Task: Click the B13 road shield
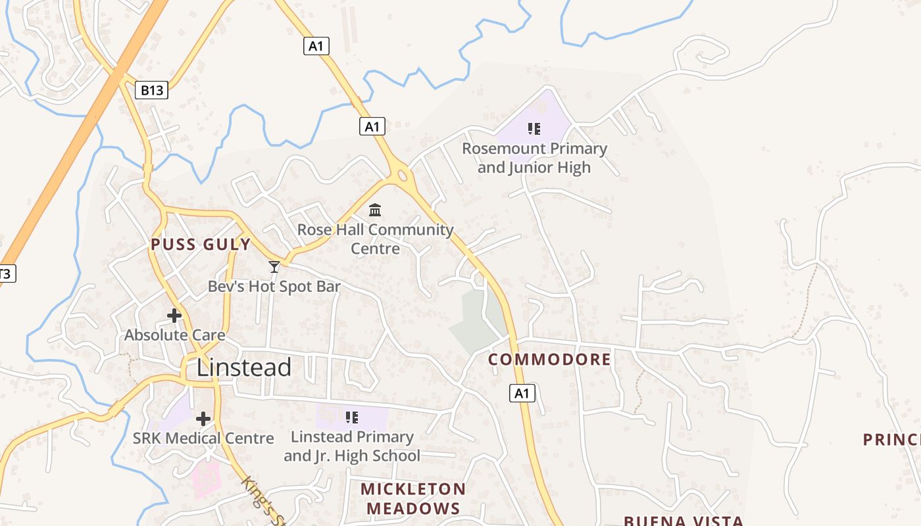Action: point(152,90)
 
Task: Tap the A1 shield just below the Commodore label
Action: point(522,393)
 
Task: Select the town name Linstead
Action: point(243,367)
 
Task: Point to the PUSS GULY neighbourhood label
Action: point(201,245)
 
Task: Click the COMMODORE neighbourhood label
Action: point(550,360)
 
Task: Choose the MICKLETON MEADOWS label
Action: point(413,498)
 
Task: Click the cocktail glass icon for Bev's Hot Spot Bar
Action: point(274,266)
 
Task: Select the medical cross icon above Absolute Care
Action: point(174,316)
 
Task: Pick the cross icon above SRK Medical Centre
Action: point(203,418)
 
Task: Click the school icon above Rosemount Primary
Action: point(534,128)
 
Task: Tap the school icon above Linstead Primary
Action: point(352,417)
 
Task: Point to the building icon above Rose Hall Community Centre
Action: point(375,210)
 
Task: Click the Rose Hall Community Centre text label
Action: point(376,239)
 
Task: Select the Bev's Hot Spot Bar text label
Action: point(274,287)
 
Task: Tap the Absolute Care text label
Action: point(175,335)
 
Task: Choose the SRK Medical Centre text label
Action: point(203,438)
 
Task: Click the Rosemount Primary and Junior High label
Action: point(534,158)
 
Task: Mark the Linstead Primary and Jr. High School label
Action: point(352,446)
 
